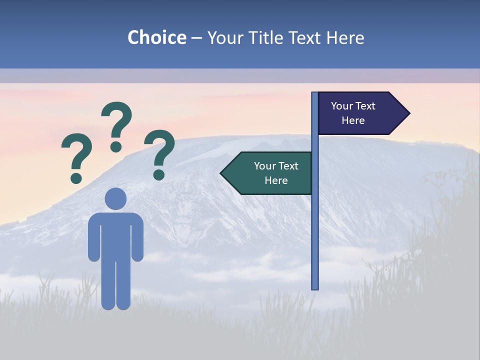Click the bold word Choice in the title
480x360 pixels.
(x=156, y=37)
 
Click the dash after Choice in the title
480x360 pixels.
(x=196, y=38)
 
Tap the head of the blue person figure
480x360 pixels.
(x=116, y=198)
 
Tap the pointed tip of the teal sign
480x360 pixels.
(x=222, y=173)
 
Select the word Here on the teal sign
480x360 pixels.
(x=276, y=180)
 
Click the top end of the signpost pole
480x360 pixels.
(x=315, y=94)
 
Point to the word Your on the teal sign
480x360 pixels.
(x=264, y=166)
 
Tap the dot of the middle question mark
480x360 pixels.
(x=116, y=147)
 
